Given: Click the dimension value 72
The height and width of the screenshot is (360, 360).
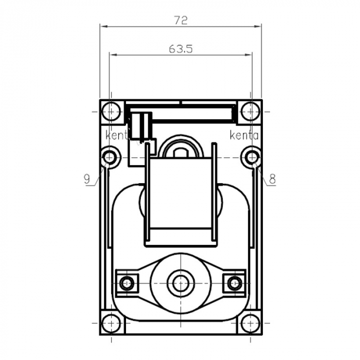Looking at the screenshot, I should (x=181, y=20).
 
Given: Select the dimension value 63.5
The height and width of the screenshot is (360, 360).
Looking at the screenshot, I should (x=181, y=49).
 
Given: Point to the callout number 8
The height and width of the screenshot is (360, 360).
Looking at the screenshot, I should (x=273, y=179).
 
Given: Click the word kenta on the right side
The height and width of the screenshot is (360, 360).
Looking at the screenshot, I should (x=244, y=136).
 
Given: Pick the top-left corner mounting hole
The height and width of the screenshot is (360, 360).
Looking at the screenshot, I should (x=111, y=111).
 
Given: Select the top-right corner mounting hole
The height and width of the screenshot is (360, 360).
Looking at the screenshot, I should (x=250, y=111).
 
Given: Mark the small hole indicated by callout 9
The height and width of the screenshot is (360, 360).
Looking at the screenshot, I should (x=110, y=156).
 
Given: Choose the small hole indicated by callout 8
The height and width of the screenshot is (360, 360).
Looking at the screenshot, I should (x=251, y=156).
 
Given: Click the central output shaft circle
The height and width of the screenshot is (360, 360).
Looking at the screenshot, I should (x=180, y=283).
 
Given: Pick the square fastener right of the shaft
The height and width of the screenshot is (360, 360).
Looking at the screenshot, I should (x=235, y=283).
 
